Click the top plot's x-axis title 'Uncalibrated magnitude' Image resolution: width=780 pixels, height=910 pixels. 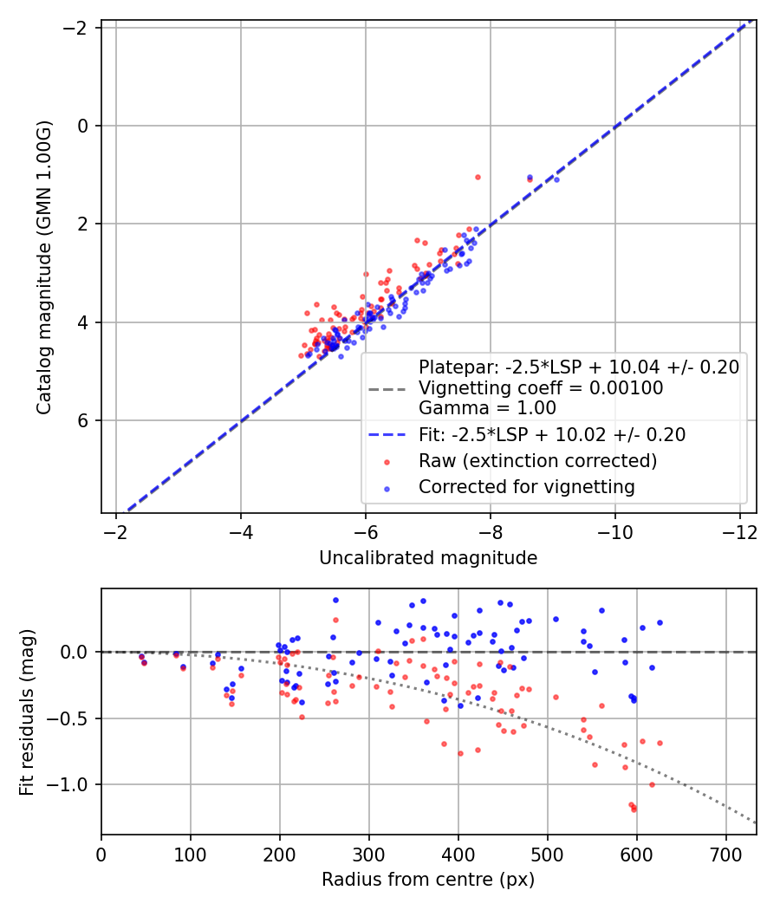tap(428, 558)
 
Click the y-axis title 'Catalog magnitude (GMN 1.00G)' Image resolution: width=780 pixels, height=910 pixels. tap(44, 268)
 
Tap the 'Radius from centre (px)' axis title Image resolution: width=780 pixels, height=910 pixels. tap(428, 880)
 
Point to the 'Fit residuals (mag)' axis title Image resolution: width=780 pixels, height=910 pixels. tap(27, 712)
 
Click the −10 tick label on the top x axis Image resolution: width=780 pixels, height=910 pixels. tap(615, 532)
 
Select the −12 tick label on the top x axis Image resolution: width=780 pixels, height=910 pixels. tap(739, 532)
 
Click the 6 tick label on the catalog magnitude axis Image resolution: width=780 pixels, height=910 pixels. tap(82, 420)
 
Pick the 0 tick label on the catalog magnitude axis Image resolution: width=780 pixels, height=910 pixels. tap(82, 126)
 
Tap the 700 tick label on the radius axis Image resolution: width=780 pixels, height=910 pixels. tap(726, 855)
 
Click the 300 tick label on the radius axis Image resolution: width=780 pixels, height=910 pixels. tap(369, 855)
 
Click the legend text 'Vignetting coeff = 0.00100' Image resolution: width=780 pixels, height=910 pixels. tap(541, 387)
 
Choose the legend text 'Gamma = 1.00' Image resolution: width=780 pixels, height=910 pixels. tap(487, 408)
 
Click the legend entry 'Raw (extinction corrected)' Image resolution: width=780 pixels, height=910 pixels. tap(538, 461)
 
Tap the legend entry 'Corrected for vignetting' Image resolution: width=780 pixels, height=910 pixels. tap(527, 487)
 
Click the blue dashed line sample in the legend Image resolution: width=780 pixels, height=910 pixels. tap(387, 435)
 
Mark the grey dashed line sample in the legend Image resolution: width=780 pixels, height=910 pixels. tap(387, 389)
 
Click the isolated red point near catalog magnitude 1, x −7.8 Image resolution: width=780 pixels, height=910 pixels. tap(478, 177)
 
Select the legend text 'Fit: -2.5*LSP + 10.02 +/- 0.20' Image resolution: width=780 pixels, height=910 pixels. tap(553, 435)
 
